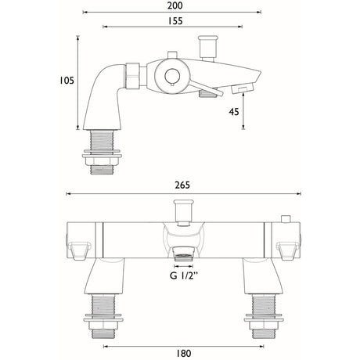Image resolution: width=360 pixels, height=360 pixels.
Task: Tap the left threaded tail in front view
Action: [x=102, y=308]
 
